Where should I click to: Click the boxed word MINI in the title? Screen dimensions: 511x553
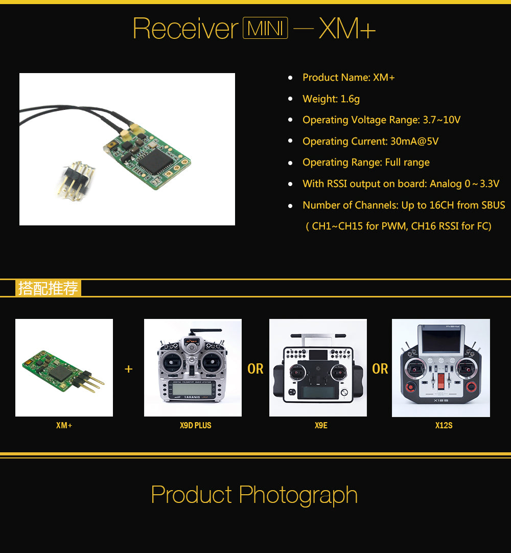coord(265,28)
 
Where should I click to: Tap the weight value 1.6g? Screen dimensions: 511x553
coord(350,99)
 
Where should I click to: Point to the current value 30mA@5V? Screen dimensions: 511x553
coord(414,142)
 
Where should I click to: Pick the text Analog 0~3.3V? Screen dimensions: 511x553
coord(464,184)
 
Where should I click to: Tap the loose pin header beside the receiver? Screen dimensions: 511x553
coord(76,180)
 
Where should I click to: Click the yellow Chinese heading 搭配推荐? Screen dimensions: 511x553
coord(48,288)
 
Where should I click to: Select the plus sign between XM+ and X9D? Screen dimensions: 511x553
coord(129,369)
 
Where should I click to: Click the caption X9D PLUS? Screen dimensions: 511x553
coord(195,425)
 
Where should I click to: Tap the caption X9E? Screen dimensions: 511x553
coord(321,425)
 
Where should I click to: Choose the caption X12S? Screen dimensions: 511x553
coord(444,425)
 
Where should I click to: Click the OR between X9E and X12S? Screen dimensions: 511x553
coord(380,369)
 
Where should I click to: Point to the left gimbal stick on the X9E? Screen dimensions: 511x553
coord(297,371)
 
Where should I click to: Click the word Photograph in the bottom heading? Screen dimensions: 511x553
coord(298,494)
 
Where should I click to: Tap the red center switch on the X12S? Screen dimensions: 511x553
coord(441,381)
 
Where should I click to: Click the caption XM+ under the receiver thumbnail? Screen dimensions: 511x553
coord(64,425)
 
